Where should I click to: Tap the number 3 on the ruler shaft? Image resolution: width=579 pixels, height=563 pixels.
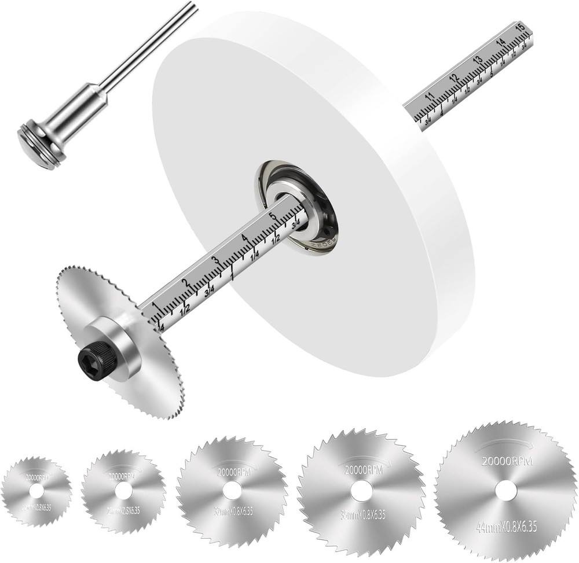point(215,260)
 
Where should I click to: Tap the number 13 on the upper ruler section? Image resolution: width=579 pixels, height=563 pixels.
point(478,59)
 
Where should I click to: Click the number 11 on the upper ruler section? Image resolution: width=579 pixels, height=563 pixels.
point(429,96)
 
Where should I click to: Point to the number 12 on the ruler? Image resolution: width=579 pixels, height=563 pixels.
point(454,78)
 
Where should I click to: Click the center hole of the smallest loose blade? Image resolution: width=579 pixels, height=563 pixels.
point(36,492)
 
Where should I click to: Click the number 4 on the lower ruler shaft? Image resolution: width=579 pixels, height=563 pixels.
point(244,238)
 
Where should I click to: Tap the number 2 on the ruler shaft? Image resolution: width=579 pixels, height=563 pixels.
point(185,283)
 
